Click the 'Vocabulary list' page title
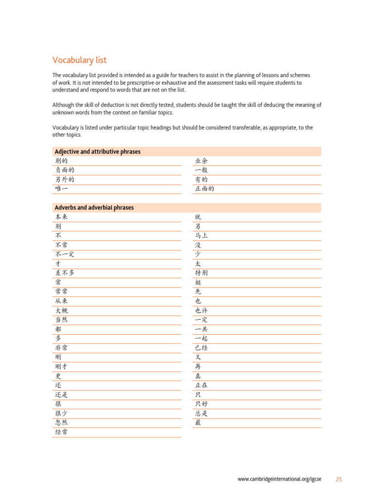[x=79, y=60]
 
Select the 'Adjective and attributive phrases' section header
[x=97, y=152]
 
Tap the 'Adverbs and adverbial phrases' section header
[x=94, y=208]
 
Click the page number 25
[x=338, y=480]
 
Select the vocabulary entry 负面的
[x=65, y=171]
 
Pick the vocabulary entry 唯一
[x=61, y=189]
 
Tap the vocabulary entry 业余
[x=201, y=161]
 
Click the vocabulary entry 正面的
[x=205, y=189]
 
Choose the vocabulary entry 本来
[x=61, y=217]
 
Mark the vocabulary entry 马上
[x=201, y=236]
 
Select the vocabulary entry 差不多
[x=65, y=273]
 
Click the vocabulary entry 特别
[x=201, y=273]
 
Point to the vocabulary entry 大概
[x=61, y=310]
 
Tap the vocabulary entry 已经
[x=201, y=348]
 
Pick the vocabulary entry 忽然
[x=61, y=422]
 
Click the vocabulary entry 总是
[x=201, y=413]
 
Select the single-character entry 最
[x=198, y=422]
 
